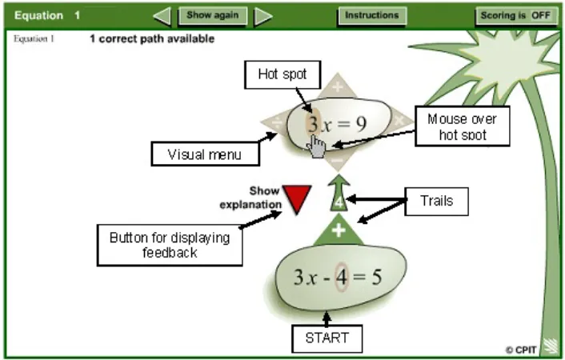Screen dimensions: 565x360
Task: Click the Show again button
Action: click(x=213, y=16)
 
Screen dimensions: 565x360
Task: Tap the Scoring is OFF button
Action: click(x=516, y=16)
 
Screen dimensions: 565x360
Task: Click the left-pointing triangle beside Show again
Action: click(x=162, y=16)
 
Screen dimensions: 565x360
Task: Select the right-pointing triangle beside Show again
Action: click(x=263, y=17)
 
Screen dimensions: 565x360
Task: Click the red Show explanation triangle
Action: click(x=297, y=198)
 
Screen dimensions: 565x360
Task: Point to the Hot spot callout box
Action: click(x=282, y=74)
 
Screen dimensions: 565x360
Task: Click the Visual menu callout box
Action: click(x=205, y=154)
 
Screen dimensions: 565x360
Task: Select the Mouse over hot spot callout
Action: click(x=463, y=126)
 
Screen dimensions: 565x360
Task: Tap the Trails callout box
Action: click(x=437, y=201)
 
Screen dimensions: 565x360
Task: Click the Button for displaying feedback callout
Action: click(x=170, y=245)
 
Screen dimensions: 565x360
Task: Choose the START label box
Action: click(x=327, y=338)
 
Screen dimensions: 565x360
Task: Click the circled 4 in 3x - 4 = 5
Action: click(x=341, y=277)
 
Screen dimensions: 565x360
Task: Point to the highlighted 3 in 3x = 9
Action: click(x=313, y=124)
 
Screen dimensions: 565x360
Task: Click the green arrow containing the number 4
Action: click(x=339, y=193)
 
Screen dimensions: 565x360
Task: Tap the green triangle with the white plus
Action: click(x=339, y=230)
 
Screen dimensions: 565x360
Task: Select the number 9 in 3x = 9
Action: click(x=361, y=124)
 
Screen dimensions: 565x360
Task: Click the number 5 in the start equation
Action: click(x=376, y=277)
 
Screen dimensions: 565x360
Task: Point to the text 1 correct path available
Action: click(x=152, y=38)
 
